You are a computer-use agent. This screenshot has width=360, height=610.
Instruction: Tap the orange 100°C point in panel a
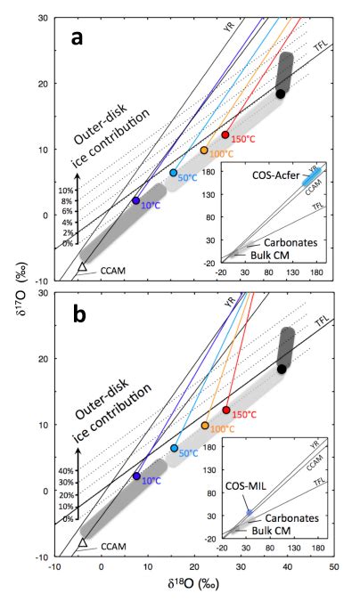204,150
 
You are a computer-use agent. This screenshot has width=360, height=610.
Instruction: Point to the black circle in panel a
281,94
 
